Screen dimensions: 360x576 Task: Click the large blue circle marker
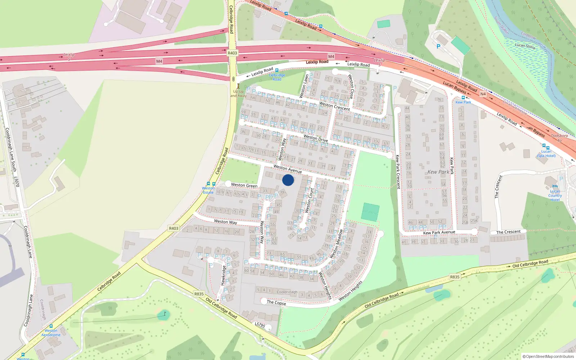288,180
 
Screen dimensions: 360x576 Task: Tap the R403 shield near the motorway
232,53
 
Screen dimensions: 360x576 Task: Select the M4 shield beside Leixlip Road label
331,57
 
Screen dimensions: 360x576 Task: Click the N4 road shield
483,94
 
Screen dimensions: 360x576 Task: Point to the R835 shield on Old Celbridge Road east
455,277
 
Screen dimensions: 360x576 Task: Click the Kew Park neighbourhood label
438,172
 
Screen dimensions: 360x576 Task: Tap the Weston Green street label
244,185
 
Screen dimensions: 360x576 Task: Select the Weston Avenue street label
287,168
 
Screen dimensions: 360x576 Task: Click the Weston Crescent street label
334,106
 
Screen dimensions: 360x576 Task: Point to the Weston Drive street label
315,138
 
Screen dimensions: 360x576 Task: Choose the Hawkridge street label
223,275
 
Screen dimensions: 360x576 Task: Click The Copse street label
276,303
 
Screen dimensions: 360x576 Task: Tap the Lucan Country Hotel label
555,195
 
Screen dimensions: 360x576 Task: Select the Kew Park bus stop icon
463,98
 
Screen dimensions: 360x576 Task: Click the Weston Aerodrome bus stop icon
51,326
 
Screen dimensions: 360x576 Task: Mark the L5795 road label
260,325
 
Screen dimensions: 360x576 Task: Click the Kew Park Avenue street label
439,233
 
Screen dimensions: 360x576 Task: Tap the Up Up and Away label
238,94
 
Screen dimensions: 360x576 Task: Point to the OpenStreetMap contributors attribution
548,356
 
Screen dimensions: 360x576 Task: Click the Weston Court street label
309,200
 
